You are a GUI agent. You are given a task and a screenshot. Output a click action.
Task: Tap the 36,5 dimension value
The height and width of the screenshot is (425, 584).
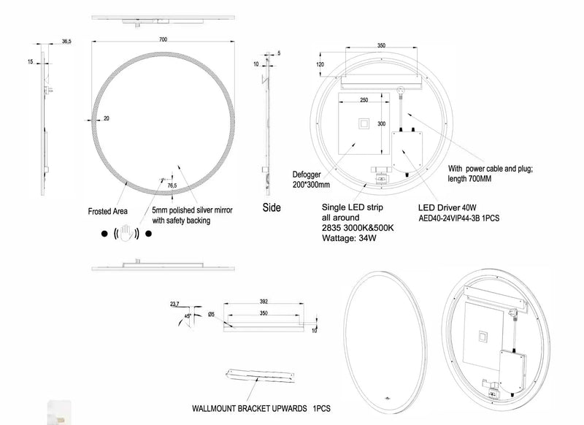click(66, 42)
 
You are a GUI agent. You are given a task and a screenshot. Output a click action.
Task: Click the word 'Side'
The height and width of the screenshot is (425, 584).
click(272, 207)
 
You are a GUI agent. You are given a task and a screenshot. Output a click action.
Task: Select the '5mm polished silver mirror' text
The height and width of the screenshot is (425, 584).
click(191, 210)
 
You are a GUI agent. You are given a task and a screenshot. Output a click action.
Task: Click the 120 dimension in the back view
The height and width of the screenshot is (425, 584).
click(320, 64)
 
